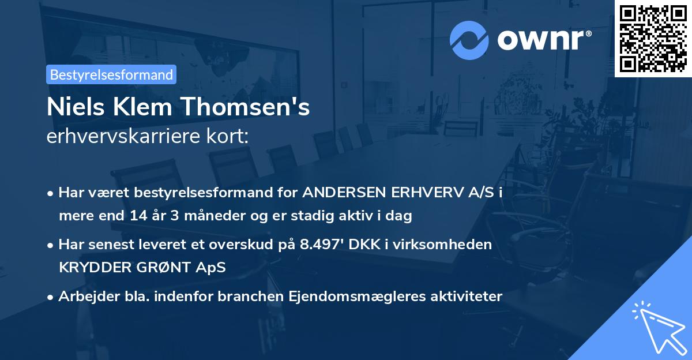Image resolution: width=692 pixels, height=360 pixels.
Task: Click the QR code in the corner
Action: click(653, 38)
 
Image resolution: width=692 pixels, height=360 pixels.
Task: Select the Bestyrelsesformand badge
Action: click(111, 74)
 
